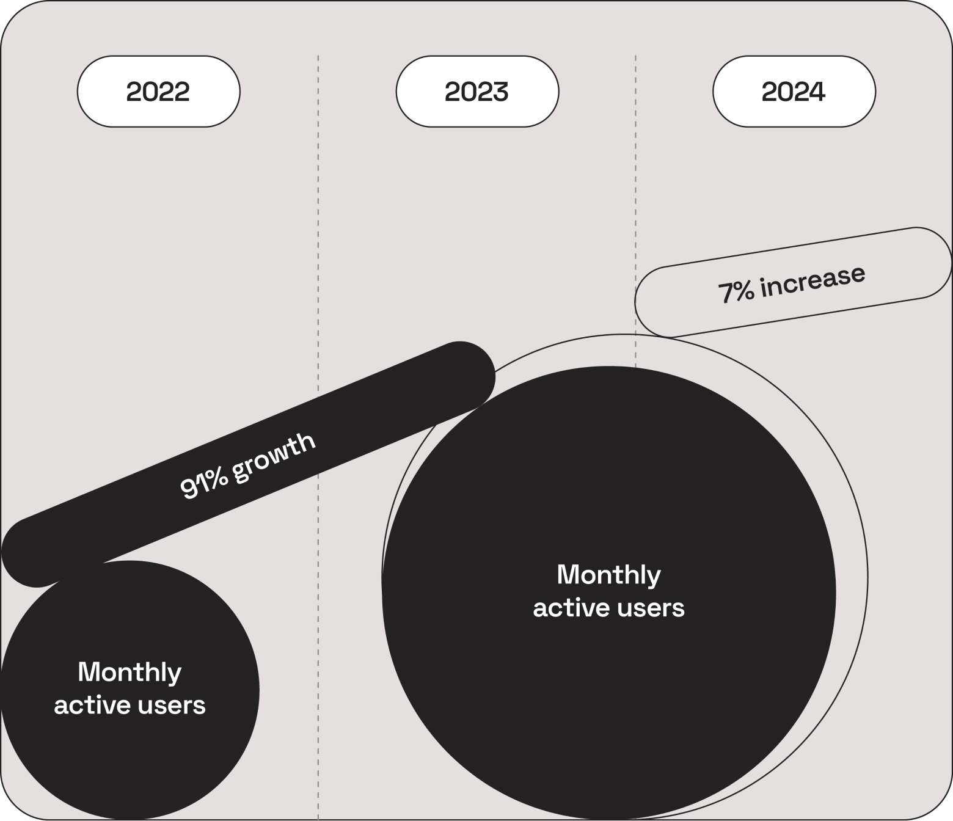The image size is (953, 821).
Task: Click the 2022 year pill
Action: (x=159, y=91)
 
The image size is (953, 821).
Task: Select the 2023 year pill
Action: (x=477, y=91)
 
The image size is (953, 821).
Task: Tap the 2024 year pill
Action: (x=794, y=91)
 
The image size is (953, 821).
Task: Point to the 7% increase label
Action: (x=792, y=285)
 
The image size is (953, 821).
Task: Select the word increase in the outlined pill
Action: (x=813, y=281)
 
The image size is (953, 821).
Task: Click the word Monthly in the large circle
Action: (x=608, y=575)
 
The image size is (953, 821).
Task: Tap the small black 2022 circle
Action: (x=130, y=690)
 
